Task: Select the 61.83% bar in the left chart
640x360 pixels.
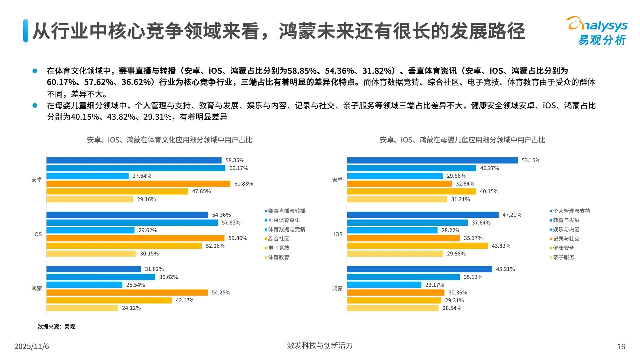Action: point(138,184)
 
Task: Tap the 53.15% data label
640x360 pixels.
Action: point(531,160)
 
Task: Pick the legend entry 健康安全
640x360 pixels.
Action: point(563,248)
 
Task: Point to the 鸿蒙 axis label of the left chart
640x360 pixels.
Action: point(37,288)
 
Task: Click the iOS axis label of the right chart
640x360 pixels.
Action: point(338,234)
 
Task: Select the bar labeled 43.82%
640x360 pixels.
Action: point(417,246)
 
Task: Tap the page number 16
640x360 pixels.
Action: point(621,347)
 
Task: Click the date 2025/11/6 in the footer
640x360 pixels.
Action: point(31,346)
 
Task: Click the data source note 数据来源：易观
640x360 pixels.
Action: point(56,327)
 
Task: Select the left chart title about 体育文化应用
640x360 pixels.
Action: point(169,140)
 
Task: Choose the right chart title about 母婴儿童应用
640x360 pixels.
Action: point(462,140)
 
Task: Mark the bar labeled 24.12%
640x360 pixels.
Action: point(82,308)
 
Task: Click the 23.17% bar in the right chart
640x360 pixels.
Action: point(384,285)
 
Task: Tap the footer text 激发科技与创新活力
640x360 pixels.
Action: point(320,345)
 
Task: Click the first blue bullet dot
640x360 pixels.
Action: point(35,71)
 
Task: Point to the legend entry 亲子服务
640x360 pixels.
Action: point(563,257)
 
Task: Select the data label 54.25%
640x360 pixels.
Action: point(221,293)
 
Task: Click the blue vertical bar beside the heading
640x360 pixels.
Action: point(26,31)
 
